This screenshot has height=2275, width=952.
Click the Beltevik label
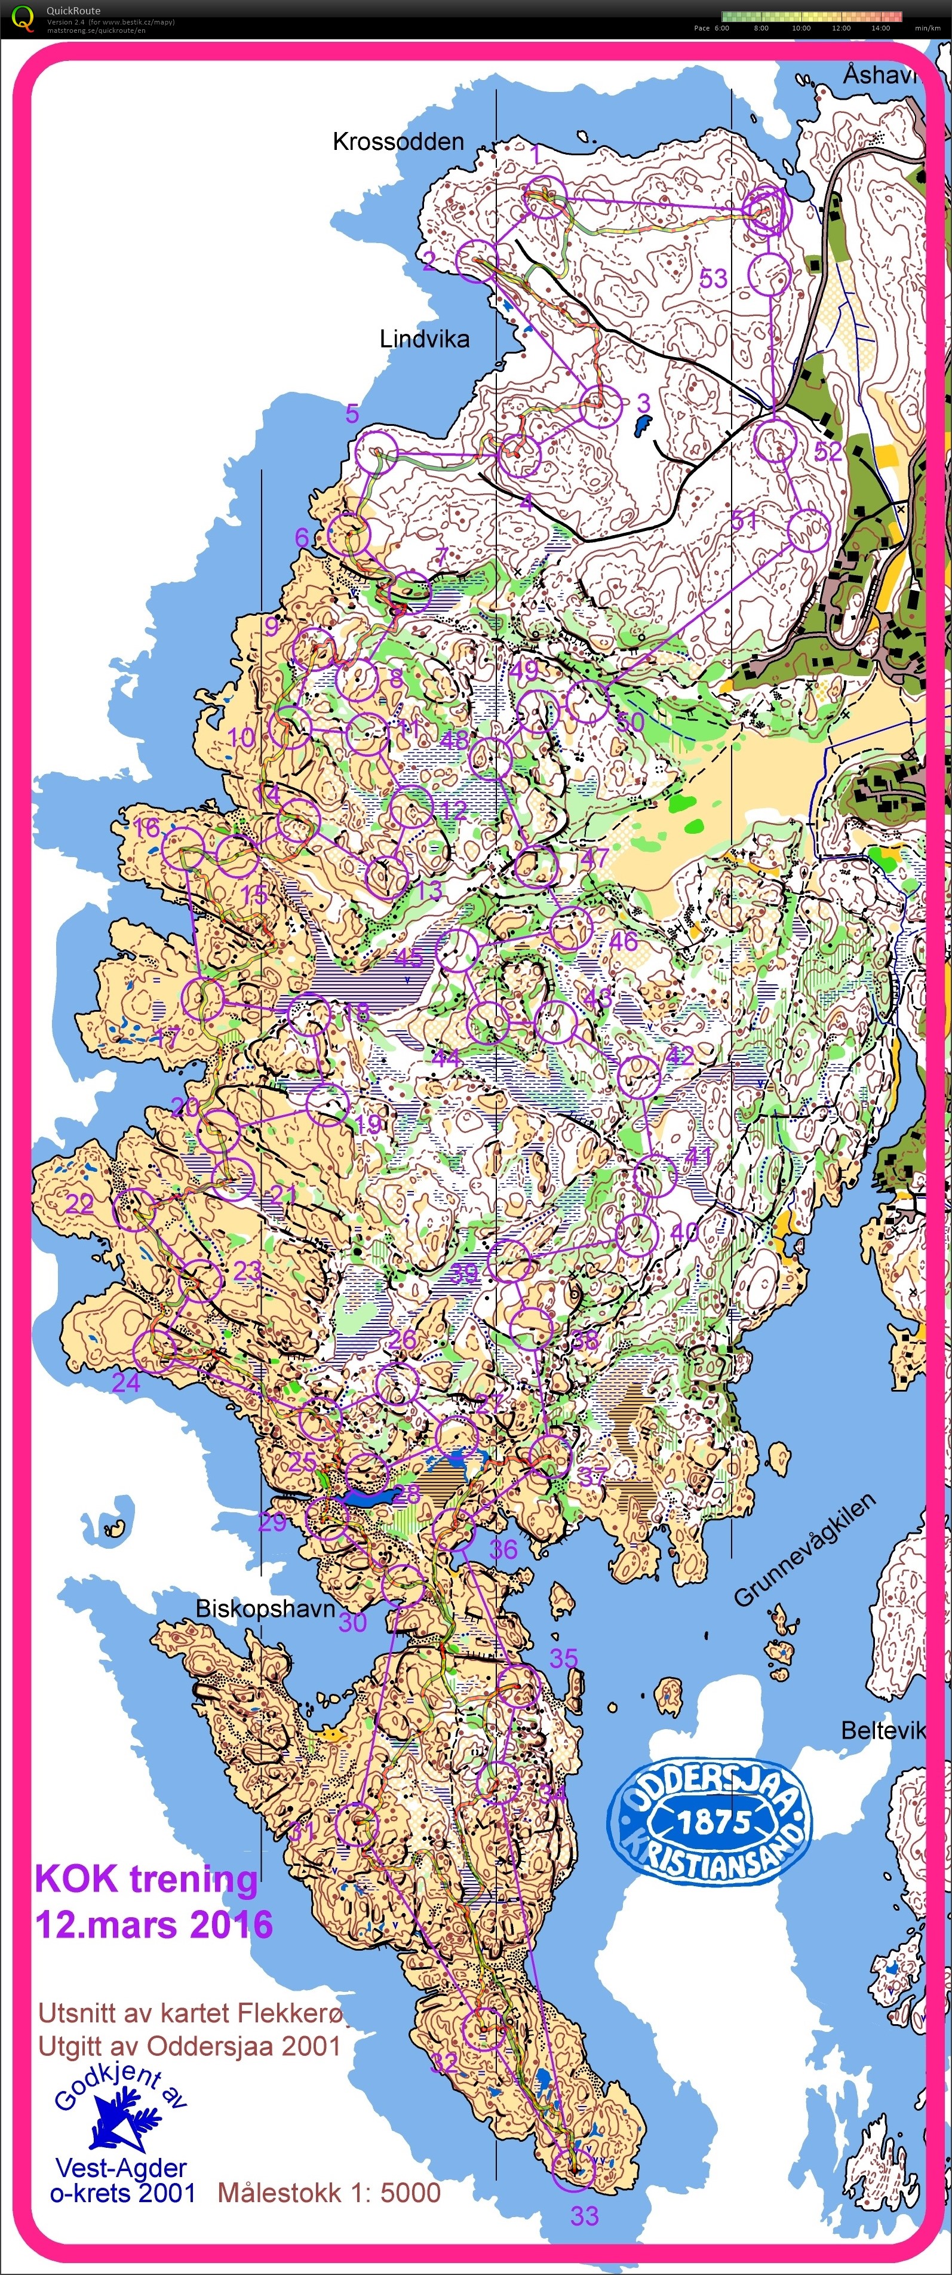882,1730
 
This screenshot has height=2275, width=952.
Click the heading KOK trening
146,1878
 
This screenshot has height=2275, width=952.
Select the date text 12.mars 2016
153,1923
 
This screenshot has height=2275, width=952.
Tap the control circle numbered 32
485,2028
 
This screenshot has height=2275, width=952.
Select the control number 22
79,1203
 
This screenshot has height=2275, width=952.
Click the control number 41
699,1155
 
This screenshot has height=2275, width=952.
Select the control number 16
146,827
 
